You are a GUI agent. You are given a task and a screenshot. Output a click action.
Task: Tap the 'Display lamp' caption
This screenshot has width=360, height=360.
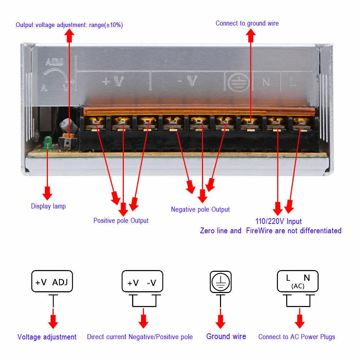[48, 206]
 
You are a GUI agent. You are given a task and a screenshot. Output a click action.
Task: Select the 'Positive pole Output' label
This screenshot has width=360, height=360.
[121, 220]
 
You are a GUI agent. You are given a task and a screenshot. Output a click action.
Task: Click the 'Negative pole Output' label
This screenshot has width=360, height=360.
[200, 210]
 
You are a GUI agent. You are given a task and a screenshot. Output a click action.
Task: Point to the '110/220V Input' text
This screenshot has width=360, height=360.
[279, 221]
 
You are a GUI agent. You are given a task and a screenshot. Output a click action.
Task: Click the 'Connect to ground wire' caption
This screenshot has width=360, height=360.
[247, 23]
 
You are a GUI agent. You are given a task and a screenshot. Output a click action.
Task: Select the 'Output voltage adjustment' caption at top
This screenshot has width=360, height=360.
[69, 25]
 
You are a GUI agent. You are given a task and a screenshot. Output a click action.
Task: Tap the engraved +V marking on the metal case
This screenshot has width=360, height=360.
[113, 82]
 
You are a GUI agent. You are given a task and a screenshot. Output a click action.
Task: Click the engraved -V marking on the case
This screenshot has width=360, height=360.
[187, 82]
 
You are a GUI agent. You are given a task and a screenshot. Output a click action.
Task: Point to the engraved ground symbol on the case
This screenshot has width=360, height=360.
[236, 81]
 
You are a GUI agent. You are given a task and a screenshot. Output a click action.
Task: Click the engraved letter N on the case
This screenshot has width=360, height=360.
[266, 82]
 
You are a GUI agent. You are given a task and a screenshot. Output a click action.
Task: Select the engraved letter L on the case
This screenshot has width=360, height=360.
[293, 82]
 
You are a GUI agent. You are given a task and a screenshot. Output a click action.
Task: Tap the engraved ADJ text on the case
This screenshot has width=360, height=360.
[55, 62]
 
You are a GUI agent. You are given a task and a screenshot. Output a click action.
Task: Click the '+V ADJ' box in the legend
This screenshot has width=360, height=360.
[52, 282]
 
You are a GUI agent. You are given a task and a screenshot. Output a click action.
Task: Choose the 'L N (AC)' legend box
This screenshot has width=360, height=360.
[297, 281]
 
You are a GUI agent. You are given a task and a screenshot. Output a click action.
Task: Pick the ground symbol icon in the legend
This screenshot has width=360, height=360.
[220, 282]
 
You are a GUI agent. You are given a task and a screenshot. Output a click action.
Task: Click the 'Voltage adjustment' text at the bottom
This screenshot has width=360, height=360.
[47, 337]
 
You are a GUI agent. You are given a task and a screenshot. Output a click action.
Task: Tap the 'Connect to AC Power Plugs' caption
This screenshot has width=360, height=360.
[296, 337]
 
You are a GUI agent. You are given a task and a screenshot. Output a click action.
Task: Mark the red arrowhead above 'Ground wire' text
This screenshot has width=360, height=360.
[220, 321]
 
